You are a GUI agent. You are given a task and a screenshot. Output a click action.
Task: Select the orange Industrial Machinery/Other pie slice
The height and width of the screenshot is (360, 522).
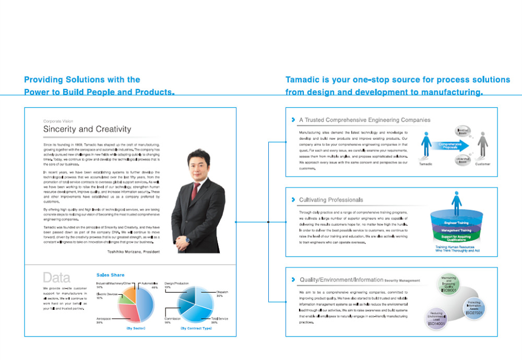(128, 293)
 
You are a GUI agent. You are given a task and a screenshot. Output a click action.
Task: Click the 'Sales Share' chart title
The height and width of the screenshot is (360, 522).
(111, 275)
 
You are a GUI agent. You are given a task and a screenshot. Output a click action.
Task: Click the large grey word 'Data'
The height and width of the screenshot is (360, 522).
(56, 277)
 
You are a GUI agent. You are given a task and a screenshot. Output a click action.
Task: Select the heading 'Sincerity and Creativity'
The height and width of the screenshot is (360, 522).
(87, 129)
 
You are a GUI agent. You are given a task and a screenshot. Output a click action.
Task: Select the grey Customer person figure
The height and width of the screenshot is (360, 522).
(482, 145)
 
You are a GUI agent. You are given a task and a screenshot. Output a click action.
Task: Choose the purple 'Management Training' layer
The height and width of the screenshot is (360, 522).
(457, 230)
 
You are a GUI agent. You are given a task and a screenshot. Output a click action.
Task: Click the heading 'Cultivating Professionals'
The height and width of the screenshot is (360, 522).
(331, 200)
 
